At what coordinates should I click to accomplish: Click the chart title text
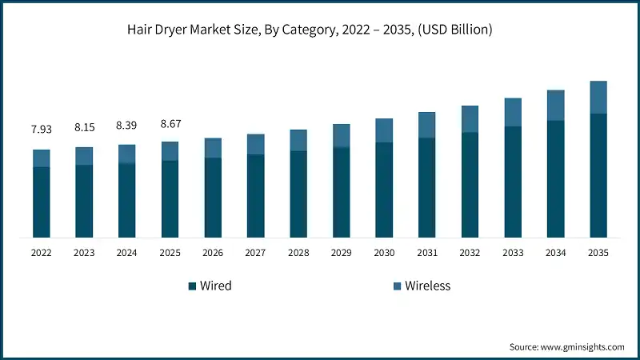pyautogui.click(x=320, y=30)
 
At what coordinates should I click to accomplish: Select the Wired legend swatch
pyautogui.click(x=192, y=286)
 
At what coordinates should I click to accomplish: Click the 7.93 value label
pyautogui.click(x=42, y=129)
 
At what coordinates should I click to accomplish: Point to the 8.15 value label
pyautogui.click(x=84, y=126)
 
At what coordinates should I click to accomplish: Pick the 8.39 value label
pyautogui.click(x=126, y=125)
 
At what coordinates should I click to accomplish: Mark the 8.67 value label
pyautogui.click(x=170, y=123)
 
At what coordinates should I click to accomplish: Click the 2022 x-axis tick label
pyautogui.click(x=42, y=253)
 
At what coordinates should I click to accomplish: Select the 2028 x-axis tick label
pyautogui.click(x=298, y=253)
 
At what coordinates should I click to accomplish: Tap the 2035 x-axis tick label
pyautogui.click(x=598, y=253)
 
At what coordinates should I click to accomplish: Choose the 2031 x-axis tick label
pyautogui.click(x=427, y=253)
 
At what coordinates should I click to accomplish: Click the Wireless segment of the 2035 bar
pyautogui.click(x=598, y=97)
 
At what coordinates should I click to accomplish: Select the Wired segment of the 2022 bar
pyautogui.click(x=42, y=202)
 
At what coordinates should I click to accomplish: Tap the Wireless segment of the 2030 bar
pyautogui.click(x=384, y=130)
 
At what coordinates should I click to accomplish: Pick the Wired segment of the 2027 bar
pyautogui.click(x=255, y=195)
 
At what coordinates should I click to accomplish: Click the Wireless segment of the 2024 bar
pyautogui.click(x=126, y=154)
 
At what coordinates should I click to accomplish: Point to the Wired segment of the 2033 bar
pyautogui.click(x=513, y=182)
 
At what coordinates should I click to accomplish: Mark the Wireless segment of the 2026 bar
pyautogui.click(x=213, y=148)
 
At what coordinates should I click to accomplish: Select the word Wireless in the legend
pyautogui.click(x=428, y=286)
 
